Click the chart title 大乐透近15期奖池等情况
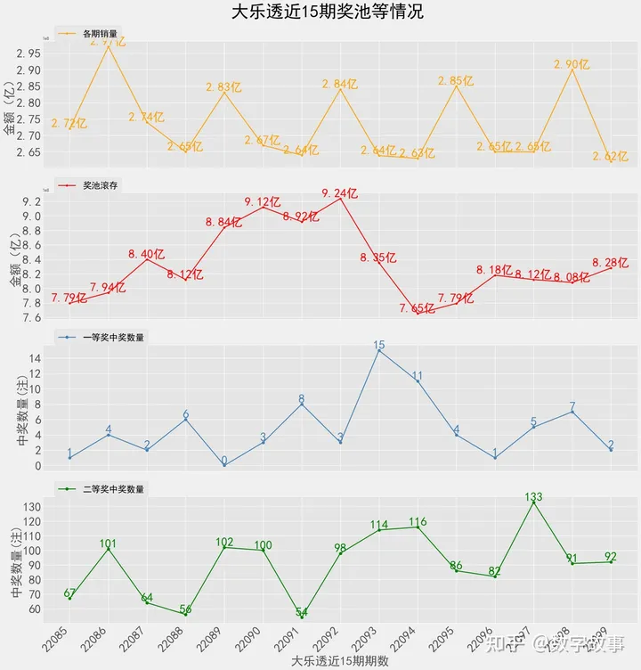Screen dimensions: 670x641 (327, 12)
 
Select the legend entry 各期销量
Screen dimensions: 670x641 (98, 34)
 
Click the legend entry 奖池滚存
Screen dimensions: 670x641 (98, 185)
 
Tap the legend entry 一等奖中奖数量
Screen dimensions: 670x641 (112, 338)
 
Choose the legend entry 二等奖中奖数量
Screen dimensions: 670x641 (112, 489)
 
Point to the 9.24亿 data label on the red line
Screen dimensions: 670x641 (339, 193)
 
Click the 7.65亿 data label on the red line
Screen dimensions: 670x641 (417, 308)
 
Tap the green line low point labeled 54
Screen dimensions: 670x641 (302, 612)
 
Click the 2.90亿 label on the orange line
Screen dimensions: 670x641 (571, 64)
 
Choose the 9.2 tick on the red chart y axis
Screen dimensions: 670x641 (32, 202)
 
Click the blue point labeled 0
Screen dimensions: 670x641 (223, 462)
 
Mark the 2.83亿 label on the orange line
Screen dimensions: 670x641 (223, 87)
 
